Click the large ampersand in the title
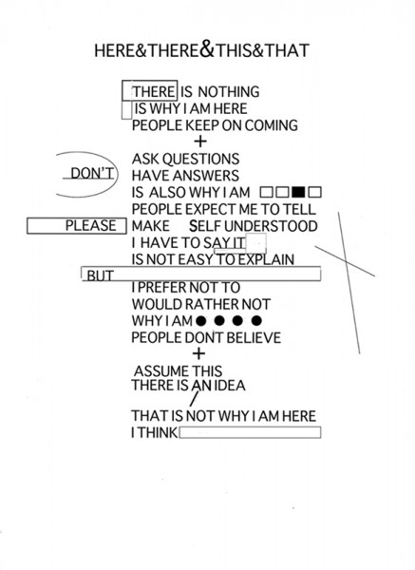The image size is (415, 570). [x=207, y=48]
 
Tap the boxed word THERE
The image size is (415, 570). [x=154, y=91]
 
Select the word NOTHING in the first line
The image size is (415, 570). [x=229, y=91]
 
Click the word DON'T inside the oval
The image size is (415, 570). [x=92, y=174]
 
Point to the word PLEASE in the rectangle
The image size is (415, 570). [x=90, y=226]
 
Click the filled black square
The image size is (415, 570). [x=298, y=192]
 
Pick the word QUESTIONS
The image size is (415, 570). [x=200, y=160]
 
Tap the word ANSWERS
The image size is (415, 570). [x=205, y=176]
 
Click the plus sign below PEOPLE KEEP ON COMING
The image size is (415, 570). [x=200, y=142]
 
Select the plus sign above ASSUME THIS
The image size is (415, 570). [x=198, y=353]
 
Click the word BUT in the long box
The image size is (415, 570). [x=100, y=275]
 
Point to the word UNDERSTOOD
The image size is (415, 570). [x=271, y=226]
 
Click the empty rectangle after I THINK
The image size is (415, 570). [x=250, y=432]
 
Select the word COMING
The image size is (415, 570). [x=271, y=125]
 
